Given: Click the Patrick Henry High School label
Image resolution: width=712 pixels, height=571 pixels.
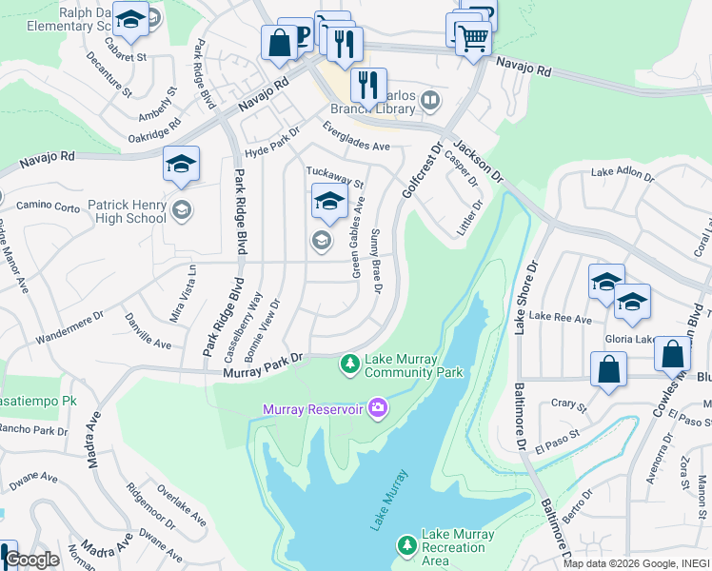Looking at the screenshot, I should [x=127, y=211].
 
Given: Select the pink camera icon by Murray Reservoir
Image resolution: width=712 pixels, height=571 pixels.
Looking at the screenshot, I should [x=379, y=408].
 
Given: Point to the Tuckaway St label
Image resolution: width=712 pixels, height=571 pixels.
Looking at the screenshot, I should [x=334, y=175].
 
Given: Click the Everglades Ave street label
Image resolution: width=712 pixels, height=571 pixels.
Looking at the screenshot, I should [x=357, y=140].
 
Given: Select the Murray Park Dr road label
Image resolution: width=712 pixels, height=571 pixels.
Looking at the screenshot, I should [x=263, y=365].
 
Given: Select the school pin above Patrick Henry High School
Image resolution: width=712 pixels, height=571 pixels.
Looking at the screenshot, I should [x=180, y=165].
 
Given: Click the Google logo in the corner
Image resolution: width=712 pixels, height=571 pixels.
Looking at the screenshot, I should [x=31, y=561].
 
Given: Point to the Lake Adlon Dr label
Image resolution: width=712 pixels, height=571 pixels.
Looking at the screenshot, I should [x=622, y=173].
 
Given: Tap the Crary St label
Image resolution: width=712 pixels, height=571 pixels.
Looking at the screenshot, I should [x=568, y=404].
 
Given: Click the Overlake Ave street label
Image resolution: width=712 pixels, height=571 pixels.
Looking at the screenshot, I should [x=182, y=507].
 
